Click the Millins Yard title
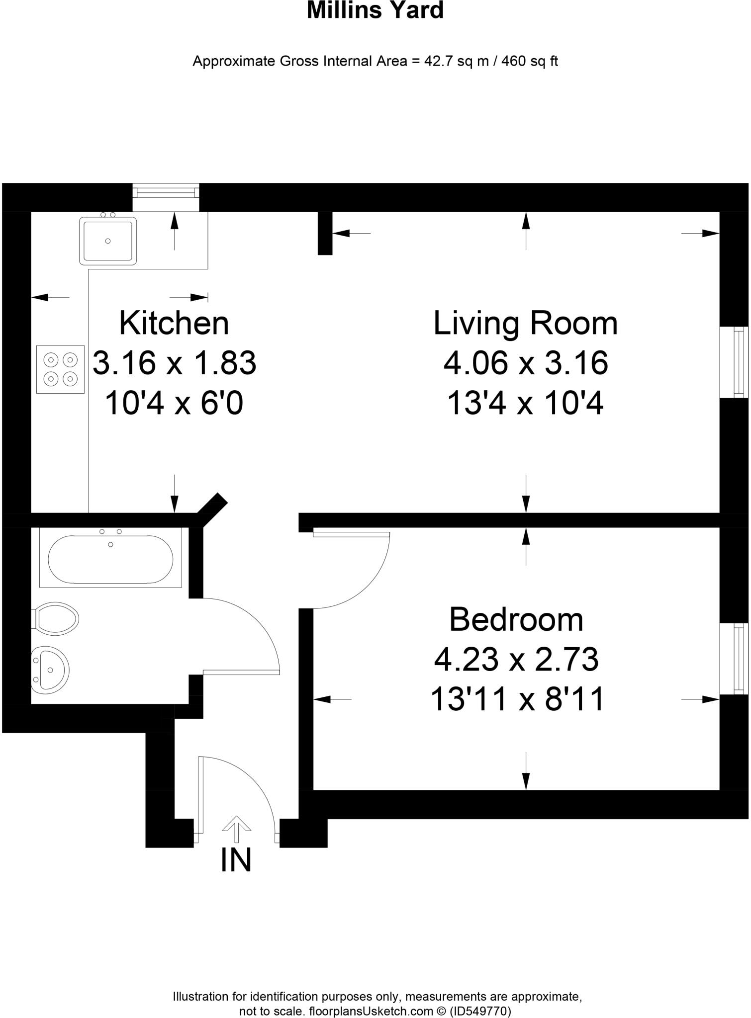point(375,11)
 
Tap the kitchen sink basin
point(107,241)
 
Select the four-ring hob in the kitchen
point(60,369)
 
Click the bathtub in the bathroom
point(110,559)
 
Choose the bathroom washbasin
point(50,670)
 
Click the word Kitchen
point(174,323)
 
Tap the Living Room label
point(526,323)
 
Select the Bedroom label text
point(516,620)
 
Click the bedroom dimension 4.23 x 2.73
point(516,660)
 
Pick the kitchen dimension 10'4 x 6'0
point(174,403)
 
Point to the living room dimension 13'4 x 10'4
point(526,403)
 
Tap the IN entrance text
point(236,860)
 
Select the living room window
point(735,362)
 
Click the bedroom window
point(735,659)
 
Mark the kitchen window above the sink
point(166,192)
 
